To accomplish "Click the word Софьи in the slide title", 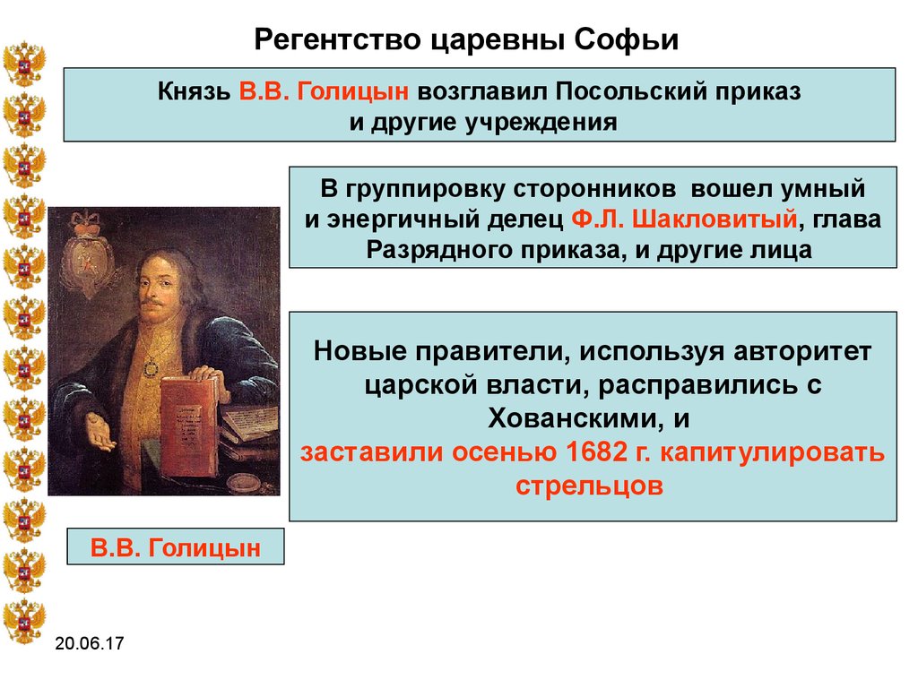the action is pyautogui.click(x=626, y=40).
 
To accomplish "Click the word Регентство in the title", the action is pyautogui.click(x=337, y=40).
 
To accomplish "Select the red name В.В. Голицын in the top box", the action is pyautogui.click(x=324, y=91).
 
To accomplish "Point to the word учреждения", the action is pyautogui.click(x=541, y=123).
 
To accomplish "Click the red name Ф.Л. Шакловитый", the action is pyautogui.click(x=684, y=219).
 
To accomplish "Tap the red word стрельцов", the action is pyautogui.click(x=590, y=486).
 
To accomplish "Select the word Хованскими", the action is pyautogui.click(x=577, y=418).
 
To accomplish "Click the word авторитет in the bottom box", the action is pyautogui.click(x=802, y=351).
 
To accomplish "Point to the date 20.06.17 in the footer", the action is pyautogui.click(x=90, y=643).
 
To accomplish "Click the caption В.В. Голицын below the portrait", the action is pyautogui.click(x=175, y=548).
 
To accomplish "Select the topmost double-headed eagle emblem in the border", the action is pyautogui.click(x=24, y=63).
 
